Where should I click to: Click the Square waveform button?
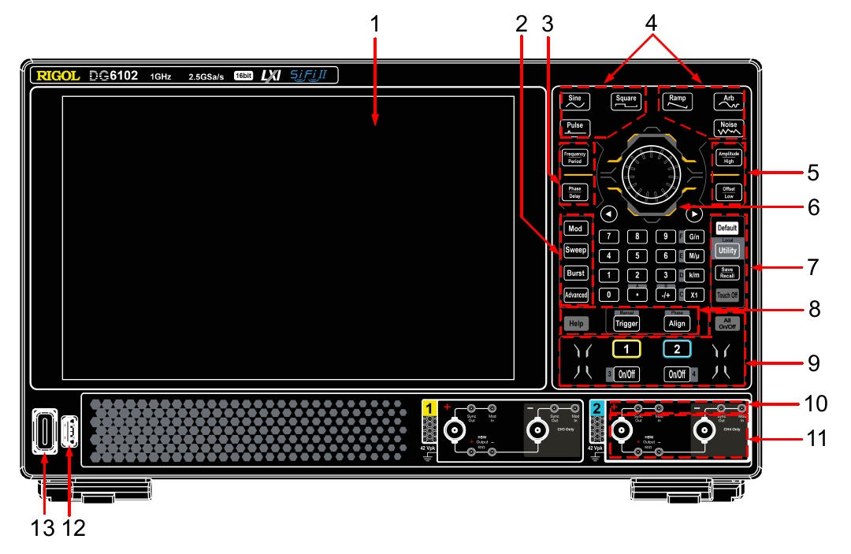click(x=626, y=101)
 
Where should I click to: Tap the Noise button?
click(x=728, y=127)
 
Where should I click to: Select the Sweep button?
click(x=575, y=250)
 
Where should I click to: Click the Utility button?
click(x=727, y=250)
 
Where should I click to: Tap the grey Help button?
click(x=576, y=322)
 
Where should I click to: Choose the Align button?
click(x=677, y=322)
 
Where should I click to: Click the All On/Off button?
click(x=727, y=322)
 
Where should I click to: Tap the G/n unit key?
click(x=693, y=236)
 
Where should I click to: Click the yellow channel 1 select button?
click(x=626, y=348)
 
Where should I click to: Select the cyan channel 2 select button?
click(x=677, y=348)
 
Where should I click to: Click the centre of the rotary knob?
click(x=650, y=174)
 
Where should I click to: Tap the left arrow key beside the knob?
click(x=607, y=214)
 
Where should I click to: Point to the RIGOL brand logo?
click(x=58, y=76)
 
